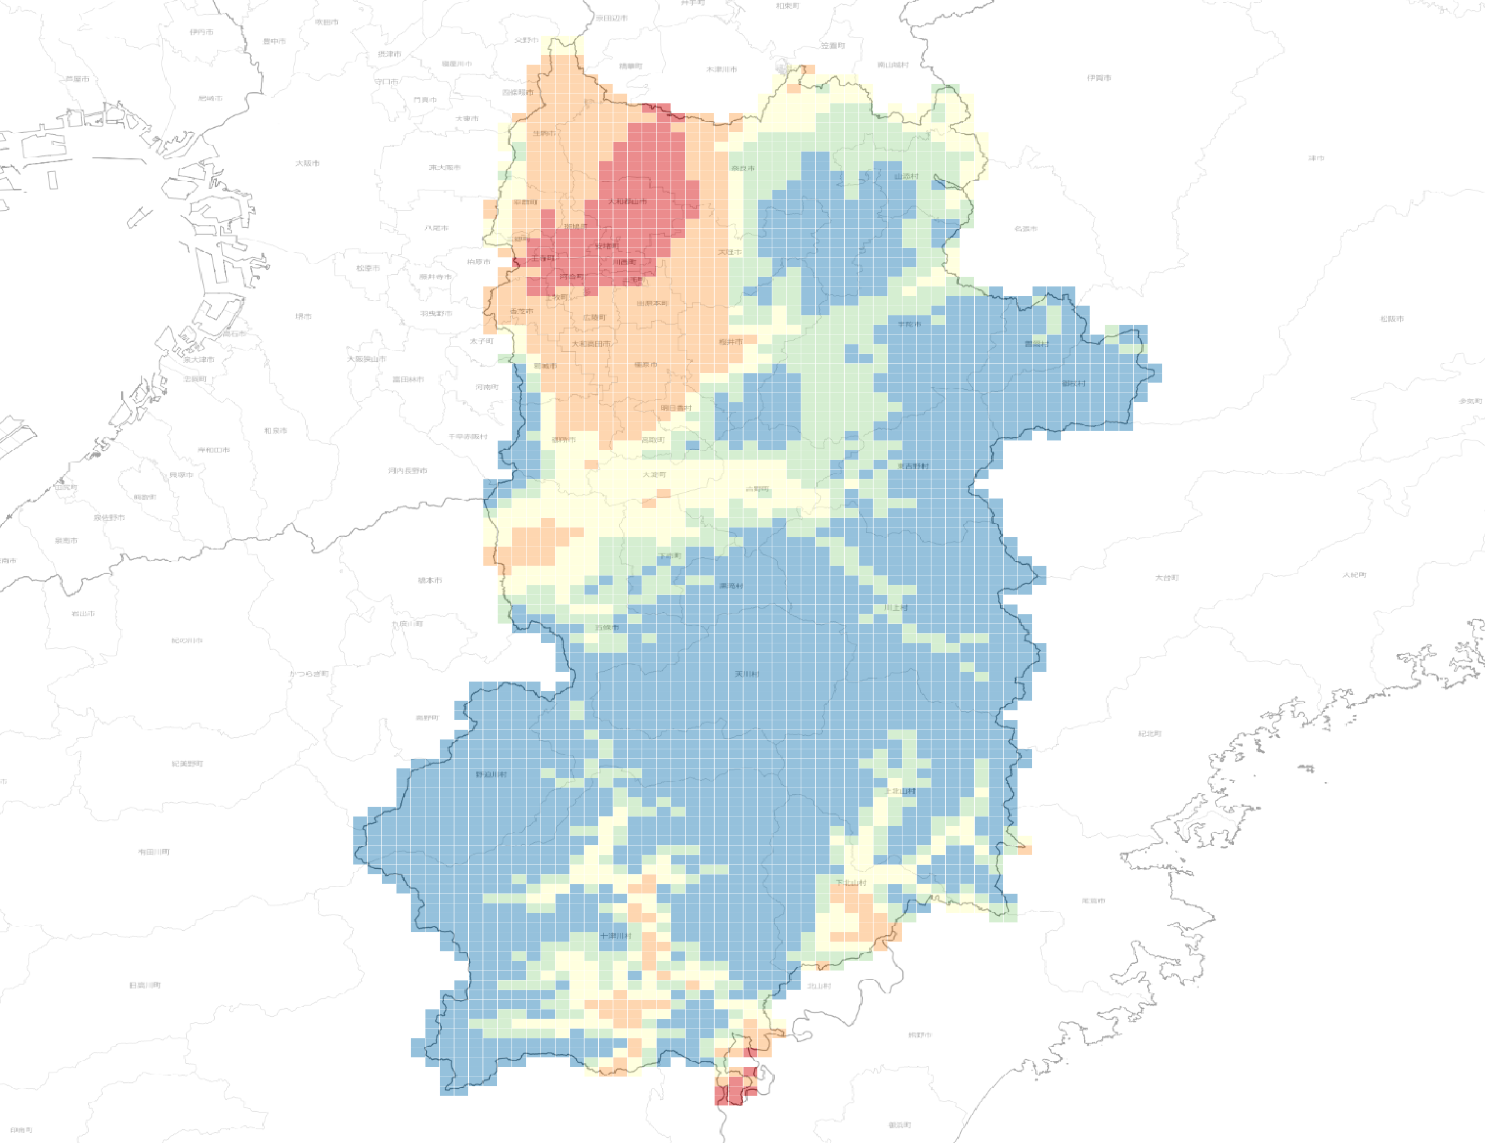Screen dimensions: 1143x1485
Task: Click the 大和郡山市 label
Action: coord(627,201)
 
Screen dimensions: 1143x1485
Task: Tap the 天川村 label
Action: coord(746,674)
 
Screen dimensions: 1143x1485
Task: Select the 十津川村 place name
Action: coord(615,936)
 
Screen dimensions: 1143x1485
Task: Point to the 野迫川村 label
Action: coord(491,774)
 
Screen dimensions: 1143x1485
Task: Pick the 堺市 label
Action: coord(303,316)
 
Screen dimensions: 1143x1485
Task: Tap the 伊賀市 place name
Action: coord(1099,78)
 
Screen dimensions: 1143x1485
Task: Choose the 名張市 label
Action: coord(1026,228)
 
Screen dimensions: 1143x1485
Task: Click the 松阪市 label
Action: coord(1392,318)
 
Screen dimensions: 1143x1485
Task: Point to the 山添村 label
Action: coord(906,176)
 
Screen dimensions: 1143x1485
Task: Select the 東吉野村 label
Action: coord(913,466)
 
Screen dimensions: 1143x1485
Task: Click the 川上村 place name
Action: coord(895,608)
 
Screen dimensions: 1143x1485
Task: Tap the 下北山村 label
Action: coord(851,882)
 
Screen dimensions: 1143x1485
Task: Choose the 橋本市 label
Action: coord(430,580)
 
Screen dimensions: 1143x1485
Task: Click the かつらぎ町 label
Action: coord(309,673)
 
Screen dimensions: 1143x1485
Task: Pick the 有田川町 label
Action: coord(153,851)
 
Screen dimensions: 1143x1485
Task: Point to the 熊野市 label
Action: coord(919,1035)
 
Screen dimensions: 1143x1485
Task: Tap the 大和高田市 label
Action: coord(590,344)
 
